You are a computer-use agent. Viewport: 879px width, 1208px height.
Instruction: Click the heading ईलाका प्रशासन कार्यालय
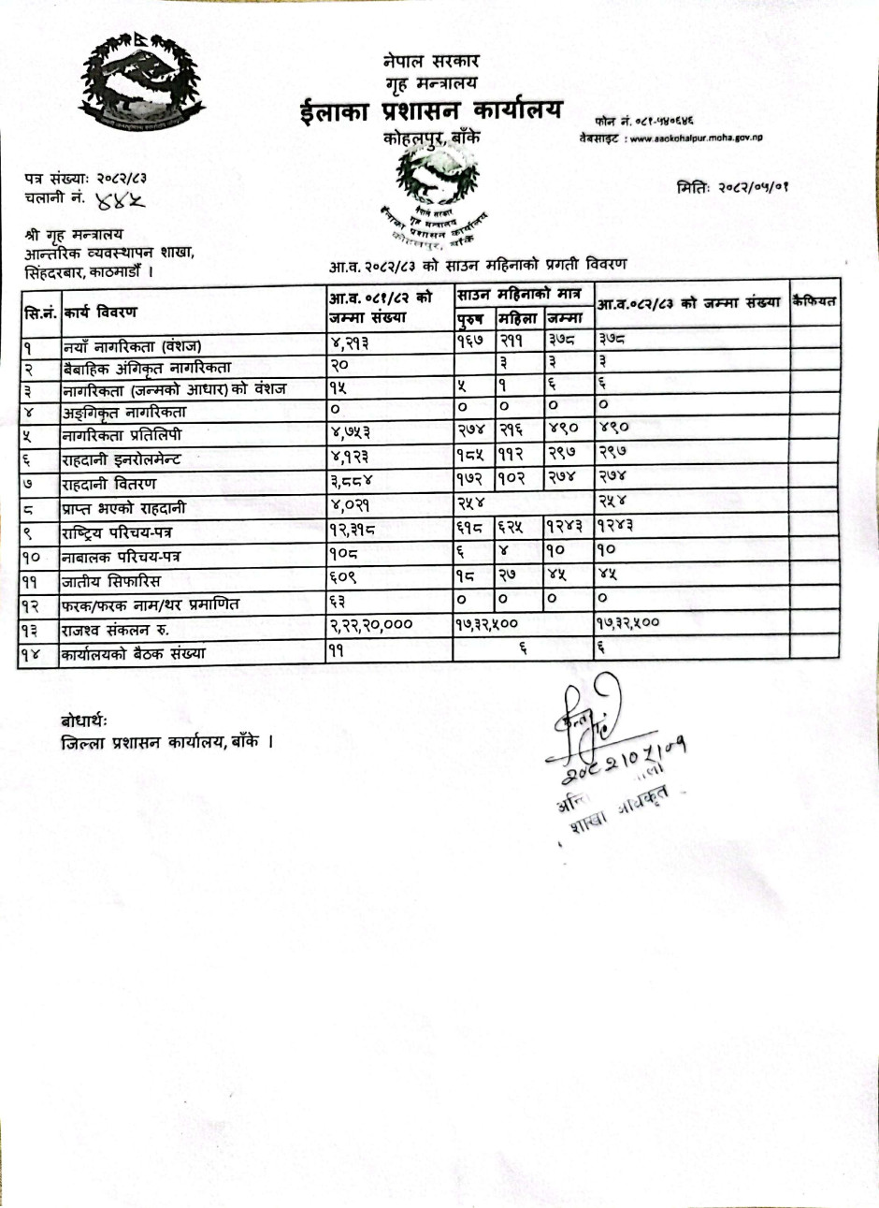(431, 111)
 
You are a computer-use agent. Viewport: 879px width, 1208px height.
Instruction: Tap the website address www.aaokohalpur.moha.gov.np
(696, 138)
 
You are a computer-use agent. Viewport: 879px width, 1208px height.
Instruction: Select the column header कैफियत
(814, 301)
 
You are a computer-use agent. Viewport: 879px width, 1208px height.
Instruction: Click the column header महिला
(519, 318)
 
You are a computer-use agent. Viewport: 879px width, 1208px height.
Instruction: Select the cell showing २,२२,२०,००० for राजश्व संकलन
(371, 625)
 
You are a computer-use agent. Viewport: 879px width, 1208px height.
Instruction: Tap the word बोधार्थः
(85, 721)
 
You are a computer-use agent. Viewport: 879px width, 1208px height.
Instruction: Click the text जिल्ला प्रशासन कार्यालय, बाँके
(166, 744)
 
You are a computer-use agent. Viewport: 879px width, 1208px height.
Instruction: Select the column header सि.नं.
(40, 310)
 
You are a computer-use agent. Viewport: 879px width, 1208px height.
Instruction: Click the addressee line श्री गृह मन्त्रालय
(74, 235)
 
